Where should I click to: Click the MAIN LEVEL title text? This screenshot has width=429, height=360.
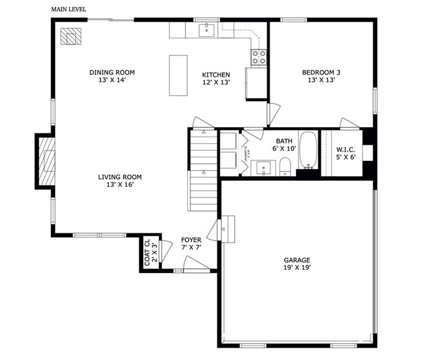point(68,9)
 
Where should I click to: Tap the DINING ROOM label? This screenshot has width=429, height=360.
point(112,73)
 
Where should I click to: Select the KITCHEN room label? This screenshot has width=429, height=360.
point(216,75)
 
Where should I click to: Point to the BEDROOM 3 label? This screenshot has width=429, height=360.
point(321,73)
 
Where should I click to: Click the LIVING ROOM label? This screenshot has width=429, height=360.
point(120,177)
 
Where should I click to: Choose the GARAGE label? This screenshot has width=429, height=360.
point(297,260)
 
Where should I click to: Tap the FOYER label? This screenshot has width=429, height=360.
point(191,240)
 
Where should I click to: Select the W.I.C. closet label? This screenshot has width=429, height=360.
point(346,150)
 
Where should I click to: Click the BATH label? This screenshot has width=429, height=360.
point(284,141)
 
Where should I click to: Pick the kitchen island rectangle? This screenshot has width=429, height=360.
point(178,75)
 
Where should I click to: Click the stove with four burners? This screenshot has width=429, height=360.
point(259,57)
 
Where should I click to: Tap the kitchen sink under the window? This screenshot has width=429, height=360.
point(207,30)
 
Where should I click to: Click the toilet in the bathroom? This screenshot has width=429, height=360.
point(286,167)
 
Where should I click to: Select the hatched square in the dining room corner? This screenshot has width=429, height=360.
point(71,37)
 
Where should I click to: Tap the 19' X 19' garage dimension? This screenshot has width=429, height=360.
point(297,268)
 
